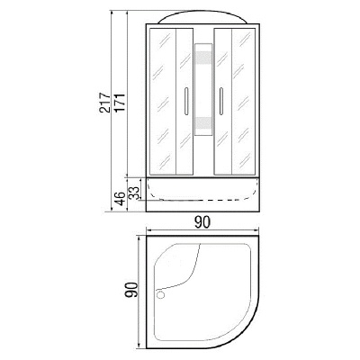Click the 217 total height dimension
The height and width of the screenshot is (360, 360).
coord(104,103)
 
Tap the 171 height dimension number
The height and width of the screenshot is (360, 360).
coord(120,103)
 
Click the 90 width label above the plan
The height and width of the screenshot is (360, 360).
coord(202,222)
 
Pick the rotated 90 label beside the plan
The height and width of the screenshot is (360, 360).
coord(131,290)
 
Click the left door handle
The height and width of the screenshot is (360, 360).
coord(185,102)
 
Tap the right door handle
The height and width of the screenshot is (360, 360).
coord(221,102)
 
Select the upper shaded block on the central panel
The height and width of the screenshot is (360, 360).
coord(203,58)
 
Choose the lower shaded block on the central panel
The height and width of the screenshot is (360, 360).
coord(203,123)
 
